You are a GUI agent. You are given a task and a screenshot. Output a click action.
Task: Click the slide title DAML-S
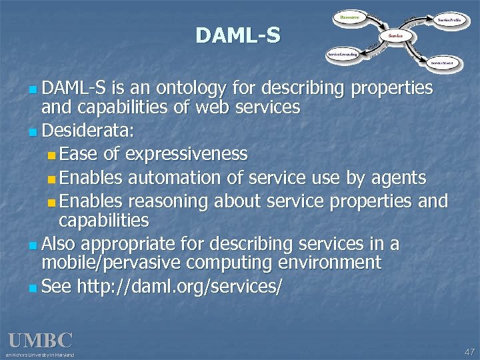238,35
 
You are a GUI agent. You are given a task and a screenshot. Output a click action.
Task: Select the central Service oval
395,35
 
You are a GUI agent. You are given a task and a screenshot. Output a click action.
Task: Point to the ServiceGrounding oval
343,54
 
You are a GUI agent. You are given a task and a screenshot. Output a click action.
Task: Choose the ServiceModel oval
442,62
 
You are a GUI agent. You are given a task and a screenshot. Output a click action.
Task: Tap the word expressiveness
186,155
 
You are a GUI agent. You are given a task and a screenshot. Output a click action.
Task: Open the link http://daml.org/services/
180,287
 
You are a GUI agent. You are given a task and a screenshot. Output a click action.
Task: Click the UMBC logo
40,341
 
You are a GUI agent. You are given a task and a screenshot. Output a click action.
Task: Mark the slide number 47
469,351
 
